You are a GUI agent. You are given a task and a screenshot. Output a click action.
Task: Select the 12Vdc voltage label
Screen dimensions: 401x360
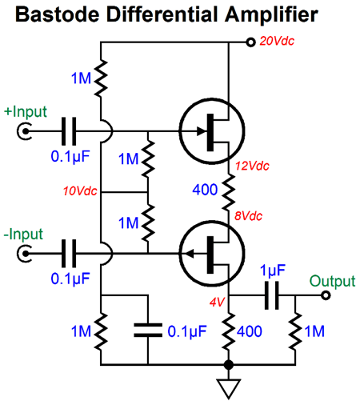click(251, 166)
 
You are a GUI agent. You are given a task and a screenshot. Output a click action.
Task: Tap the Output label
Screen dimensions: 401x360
click(331, 280)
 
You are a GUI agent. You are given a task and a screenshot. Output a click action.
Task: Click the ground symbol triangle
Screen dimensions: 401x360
click(229, 388)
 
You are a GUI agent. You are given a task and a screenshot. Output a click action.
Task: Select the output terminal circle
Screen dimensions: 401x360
click(326, 295)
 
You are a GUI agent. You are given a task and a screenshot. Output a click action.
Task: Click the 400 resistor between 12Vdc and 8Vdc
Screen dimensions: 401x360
click(229, 190)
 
